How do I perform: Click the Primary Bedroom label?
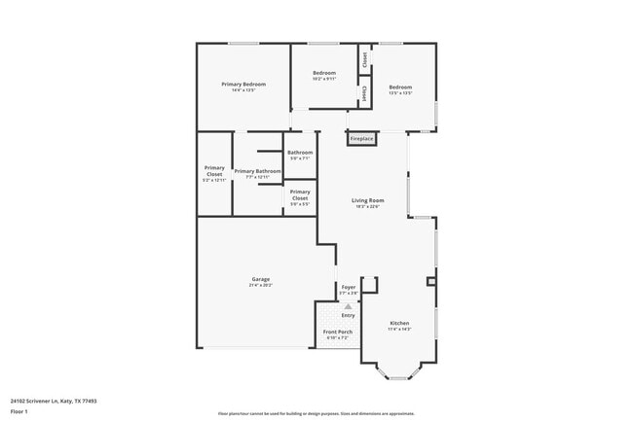pyautogui.click(x=242, y=85)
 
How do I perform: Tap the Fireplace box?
pyautogui.click(x=361, y=139)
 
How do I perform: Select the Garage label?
pyautogui.click(x=261, y=279)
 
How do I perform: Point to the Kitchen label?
pyautogui.click(x=399, y=323)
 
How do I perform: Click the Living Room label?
pyautogui.click(x=367, y=200)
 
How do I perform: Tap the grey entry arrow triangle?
pyautogui.click(x=348, y=306)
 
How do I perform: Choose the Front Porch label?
pyautogui.click(x=337, y=333)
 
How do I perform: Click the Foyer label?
pyautogui.click(x=348, y=287)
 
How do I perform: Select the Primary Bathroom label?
pyautogui.click(x=257, y=171)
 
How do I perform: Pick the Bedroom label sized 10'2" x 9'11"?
pyautogui.click(x=323, y=74)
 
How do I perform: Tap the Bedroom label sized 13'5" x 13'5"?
pyautogui.click(x=400, y=88)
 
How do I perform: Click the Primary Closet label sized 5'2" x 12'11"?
pyautogui.click(x=213, y=169)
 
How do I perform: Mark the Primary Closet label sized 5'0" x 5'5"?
pyautogui.click(x=300, y=193)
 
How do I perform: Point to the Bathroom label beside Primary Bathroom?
pyautogui.click(x=299, y=153)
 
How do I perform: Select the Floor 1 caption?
pyautogui.click(x=19, y=412)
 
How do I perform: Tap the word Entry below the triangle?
pyautogui.click(x=348, y=315)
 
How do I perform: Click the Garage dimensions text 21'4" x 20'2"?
pyautogui.click(x=261, y=285)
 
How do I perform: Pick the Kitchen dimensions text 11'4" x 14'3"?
pyautogui.click(x=399, y=329)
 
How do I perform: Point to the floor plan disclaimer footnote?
pyautogui.click(x=316, y=412)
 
